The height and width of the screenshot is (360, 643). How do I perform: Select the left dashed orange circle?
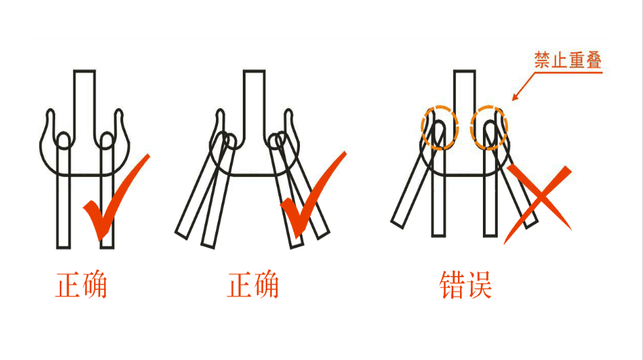pos(440,127)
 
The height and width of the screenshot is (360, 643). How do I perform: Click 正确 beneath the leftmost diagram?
pos(81,285)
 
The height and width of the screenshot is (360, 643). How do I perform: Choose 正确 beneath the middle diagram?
pos(253,285)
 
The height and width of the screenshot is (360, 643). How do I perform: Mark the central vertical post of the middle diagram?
pos(254,101)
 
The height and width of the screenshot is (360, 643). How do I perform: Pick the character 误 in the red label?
pos(479,285)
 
